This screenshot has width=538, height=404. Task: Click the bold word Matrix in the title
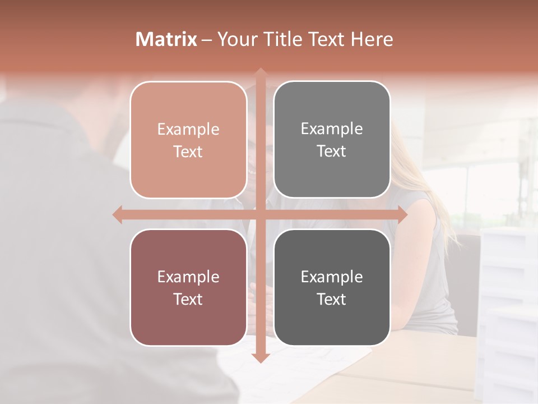[166, 39]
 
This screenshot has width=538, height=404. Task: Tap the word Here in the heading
[372, 39]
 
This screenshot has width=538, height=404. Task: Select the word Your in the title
[238, 39]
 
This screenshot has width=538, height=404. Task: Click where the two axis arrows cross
[260, 214]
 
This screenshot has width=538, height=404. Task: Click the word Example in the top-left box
[188, 129]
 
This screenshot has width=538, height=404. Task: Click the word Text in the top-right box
[332, 151]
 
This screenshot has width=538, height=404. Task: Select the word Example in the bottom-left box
[188, 277]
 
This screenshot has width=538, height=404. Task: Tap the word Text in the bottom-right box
[332, 299]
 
